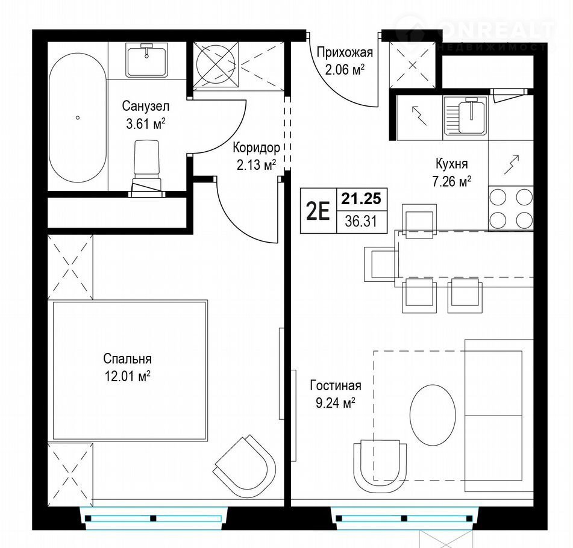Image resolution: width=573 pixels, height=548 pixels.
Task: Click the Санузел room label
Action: point(145,107)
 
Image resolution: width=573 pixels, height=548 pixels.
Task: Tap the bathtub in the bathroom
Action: point(78,117)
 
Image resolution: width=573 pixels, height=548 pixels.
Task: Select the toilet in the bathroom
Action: point(146,169)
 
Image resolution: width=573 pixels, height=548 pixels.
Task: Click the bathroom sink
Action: point(147,60)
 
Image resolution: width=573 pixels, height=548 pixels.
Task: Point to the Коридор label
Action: point(257,148)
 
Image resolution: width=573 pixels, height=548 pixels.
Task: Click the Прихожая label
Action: point(345,52)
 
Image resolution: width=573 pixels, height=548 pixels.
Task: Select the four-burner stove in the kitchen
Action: point(511,208)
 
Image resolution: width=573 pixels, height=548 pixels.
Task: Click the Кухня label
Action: point(452,164)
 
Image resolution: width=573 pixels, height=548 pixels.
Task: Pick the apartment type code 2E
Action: point(318,211)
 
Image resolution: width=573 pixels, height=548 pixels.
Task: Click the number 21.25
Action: point(362,199)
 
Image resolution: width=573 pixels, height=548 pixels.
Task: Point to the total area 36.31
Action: point(361,222)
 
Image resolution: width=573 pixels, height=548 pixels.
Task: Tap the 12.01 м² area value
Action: point(128,376)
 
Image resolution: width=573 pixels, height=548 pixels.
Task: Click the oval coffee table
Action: point(433,415)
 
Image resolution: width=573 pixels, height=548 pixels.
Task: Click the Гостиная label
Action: point(336,386)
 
